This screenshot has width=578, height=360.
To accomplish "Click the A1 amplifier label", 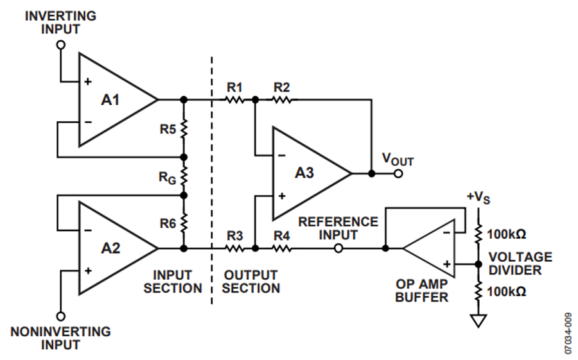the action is point(110,99).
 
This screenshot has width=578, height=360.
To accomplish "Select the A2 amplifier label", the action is point(110,248).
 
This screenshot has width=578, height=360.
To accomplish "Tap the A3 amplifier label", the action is point(304,173).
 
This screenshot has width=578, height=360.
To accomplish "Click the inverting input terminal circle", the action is point(61,45).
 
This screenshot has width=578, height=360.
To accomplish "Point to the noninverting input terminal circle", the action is point(61,316).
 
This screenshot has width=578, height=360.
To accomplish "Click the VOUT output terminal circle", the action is point(398,173).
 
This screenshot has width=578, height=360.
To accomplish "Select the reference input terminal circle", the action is point(338,249).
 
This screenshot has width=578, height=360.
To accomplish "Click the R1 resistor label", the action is point(235,88).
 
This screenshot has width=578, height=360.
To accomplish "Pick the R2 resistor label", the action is point(282,88).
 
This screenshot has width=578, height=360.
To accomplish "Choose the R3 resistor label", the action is point(235,236).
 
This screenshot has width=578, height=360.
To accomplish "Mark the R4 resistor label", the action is point(282,236).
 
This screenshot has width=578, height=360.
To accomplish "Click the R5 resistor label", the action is point(168,130).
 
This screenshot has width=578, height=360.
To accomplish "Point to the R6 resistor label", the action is point(168,223).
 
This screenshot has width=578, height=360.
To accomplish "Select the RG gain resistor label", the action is point(168,178).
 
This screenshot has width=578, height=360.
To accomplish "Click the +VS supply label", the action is point(478,198).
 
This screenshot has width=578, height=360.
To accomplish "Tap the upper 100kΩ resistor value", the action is point(507,234).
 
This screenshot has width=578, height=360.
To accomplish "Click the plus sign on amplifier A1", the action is point(88,81).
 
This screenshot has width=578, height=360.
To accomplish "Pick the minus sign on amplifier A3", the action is point(282,155).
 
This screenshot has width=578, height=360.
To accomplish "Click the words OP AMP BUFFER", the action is point(422,291).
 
